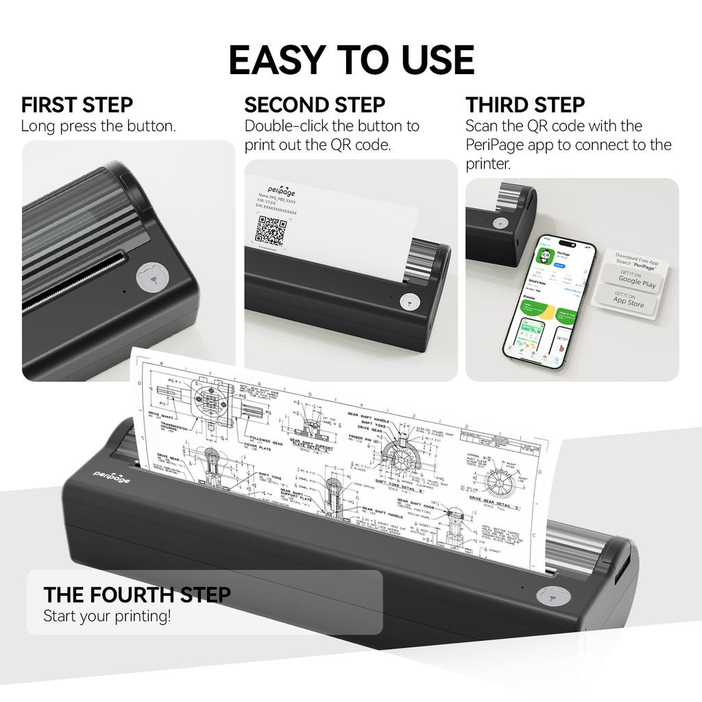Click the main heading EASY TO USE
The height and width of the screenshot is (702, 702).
point(351,60)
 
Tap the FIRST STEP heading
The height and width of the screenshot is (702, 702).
point(77,105)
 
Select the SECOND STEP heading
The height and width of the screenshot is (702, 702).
point(315,105)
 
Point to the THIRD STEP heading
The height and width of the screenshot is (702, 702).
point(525,105)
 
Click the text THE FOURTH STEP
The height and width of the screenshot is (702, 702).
point(137,594)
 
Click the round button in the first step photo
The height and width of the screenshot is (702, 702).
point(152,278)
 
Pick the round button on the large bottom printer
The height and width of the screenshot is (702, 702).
point(552,595)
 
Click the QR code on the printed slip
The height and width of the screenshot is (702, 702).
point(270,231)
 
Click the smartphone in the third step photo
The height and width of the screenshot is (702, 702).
point(550,304)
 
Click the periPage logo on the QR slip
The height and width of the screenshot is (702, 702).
point(282,191)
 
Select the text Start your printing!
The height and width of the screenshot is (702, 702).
point(107,616)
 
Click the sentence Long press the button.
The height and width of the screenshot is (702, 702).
point(98,126)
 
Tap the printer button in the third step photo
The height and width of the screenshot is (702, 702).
point(500,223)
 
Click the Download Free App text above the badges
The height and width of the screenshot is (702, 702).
point(637,258)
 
